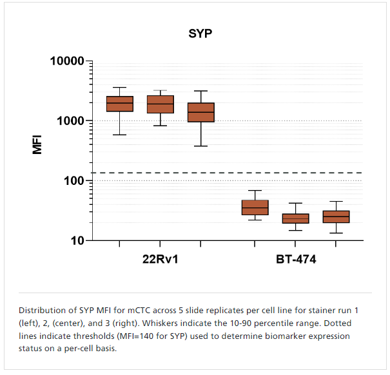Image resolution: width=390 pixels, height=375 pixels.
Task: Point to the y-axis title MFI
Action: click(x=37, y=142)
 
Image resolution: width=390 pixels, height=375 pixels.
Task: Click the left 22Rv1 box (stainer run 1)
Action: click(x=119, y=104)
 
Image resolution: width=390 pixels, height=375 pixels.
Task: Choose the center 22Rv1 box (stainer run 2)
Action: click(x=161, y=104)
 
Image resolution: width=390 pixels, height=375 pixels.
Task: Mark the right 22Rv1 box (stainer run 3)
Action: click(x=200, y=112)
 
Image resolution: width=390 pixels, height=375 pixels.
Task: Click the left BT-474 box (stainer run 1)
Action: click(x=255, y=207)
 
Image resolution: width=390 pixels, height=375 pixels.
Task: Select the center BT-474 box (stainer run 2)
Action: click(x=295, y=218)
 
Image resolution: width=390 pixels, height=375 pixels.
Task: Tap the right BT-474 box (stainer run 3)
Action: click(x=336, y=216)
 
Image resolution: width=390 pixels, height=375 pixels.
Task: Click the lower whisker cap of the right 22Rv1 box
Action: click(x=200, y=146)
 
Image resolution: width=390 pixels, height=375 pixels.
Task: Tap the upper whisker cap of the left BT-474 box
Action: click(x=255, y=191)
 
